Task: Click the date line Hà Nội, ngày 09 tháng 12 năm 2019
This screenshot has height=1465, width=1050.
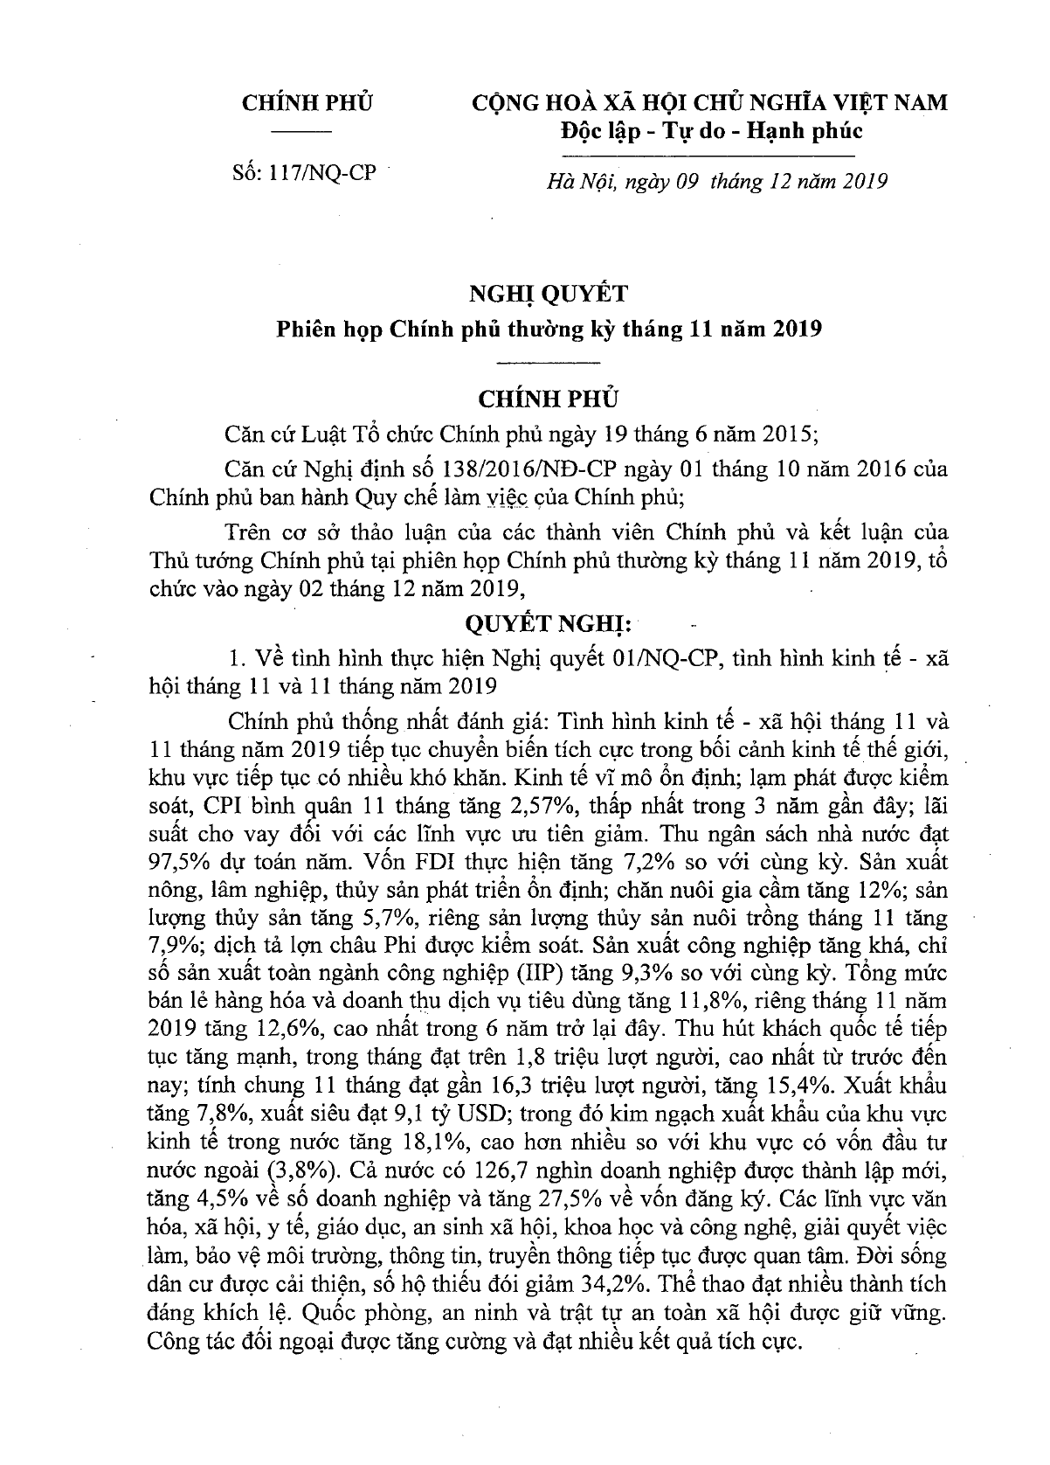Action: tap(715, 182)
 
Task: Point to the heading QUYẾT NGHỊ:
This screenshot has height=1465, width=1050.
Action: tap(548, 625)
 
